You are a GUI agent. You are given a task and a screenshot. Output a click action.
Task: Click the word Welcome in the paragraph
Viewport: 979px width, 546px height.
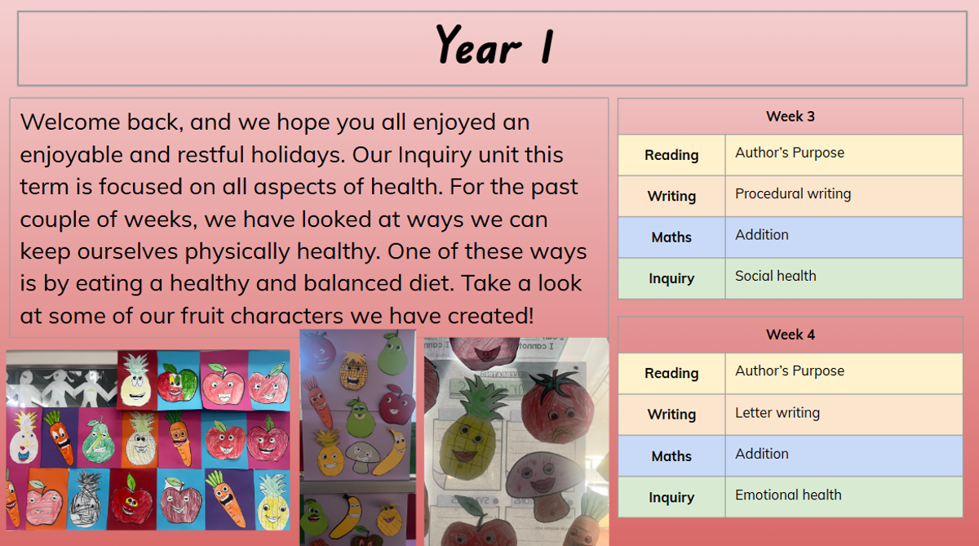pos(70,122)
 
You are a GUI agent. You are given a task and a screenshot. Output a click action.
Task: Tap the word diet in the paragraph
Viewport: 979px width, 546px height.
pos(423,283)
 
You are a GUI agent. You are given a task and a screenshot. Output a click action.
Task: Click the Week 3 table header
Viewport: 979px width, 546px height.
pos(791,116)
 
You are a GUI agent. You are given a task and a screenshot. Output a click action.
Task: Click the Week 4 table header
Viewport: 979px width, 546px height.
pos(791,335)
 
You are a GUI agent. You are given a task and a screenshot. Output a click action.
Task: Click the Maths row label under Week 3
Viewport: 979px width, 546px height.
pos(671,237)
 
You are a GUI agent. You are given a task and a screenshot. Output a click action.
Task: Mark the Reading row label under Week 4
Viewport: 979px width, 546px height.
pos(671,373)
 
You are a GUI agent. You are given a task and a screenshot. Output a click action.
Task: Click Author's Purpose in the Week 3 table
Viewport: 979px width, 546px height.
pos(790,153)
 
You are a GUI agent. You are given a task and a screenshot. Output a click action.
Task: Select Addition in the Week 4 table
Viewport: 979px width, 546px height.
pos(762,454)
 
